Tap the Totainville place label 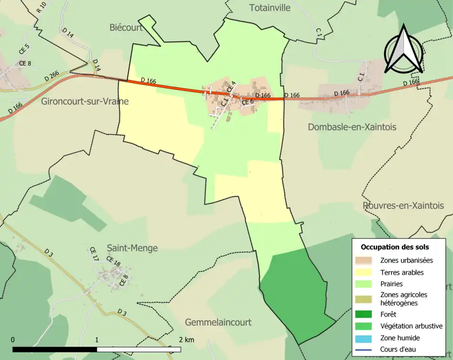[269, 8]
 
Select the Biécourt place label [126, 27]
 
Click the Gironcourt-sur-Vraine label [84, 101]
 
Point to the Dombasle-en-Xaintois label [352, 126]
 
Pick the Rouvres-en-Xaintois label [403, 206]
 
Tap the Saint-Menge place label [132, 248]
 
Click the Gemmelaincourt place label [218, 322]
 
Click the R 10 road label [41, 7]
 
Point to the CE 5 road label [24, 48]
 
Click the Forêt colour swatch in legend [364, 314]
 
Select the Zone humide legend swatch [364, 338]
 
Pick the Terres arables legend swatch [364, 272]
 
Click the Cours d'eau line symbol [364, 350]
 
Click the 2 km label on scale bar [186, 340]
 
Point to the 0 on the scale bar [13, 340]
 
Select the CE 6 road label [248, 102]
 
